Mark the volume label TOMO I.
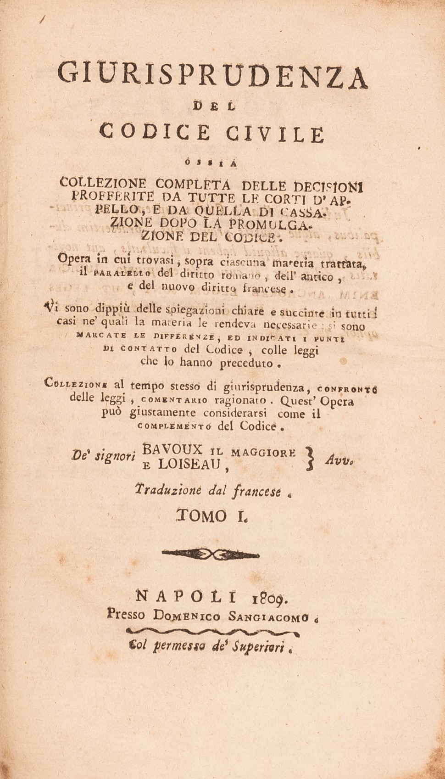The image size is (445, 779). point(213,516)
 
